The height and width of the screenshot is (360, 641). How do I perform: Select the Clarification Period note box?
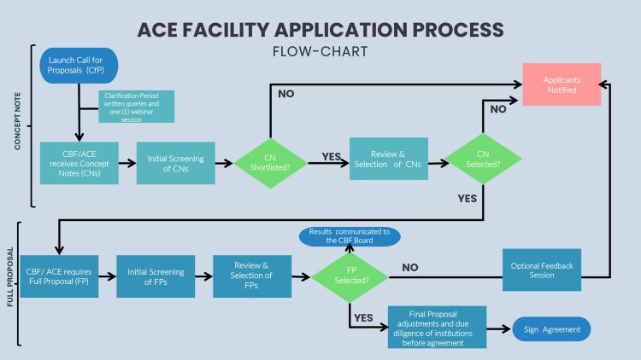pos(136,107)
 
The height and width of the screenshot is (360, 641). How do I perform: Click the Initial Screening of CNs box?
pos(175,162)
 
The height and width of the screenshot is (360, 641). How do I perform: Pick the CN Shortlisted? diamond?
pos(269,161)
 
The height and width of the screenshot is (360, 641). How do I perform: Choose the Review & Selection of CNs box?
pos(389,158)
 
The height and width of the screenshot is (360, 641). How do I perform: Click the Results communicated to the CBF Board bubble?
pos(349,235)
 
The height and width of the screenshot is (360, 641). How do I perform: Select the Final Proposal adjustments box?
pos(437,327)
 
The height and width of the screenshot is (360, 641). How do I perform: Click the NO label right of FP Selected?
pos(409,268)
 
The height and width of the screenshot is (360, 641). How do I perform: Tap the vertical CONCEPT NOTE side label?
pos(16,125)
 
